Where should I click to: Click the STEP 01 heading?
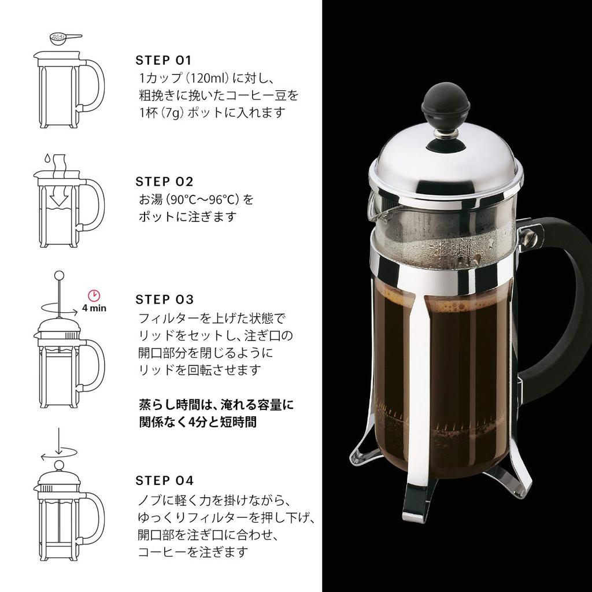pos(163,61)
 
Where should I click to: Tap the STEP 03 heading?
pos(164,299)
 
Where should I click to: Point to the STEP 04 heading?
pos(164,480)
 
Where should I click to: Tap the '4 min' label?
pos(94,308)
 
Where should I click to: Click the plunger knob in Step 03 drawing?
pos(58,274)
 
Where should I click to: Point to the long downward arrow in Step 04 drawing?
pos(58,442)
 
